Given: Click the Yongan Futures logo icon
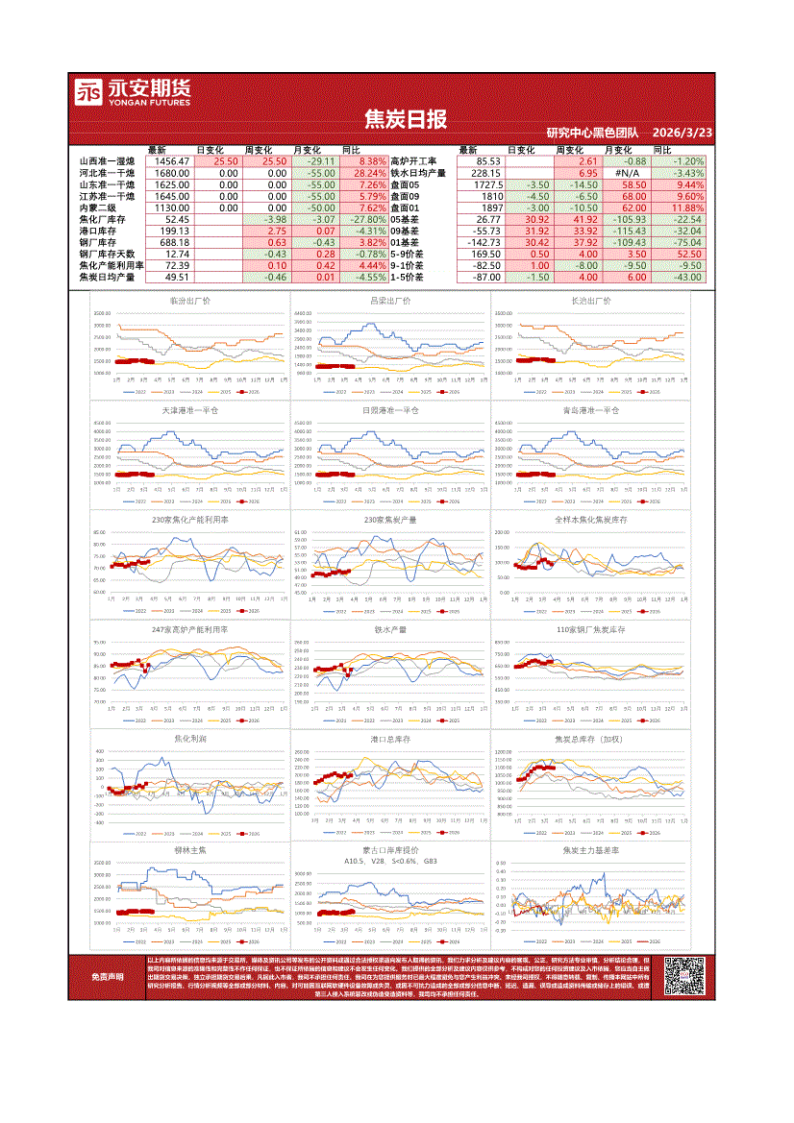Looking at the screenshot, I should (89, 94).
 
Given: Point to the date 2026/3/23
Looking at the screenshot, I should (682, 133).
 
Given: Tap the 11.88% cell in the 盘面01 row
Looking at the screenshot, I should (687, 208).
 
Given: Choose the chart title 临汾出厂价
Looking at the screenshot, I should (189, 301).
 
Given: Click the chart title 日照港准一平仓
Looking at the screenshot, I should (389, 410).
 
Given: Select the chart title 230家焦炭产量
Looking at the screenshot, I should (389, 520).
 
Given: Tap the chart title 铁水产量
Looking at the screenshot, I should (389, 629).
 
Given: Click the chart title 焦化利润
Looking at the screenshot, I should (189, 739).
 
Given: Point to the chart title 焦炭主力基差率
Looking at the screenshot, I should (590, 850).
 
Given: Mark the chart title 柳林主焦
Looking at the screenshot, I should (189, 850).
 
